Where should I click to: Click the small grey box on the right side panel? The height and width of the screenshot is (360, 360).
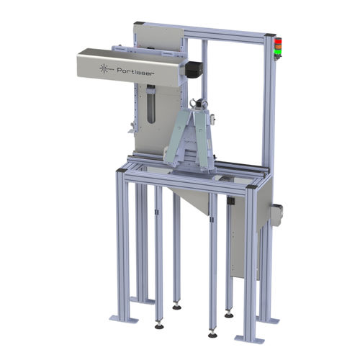pyautogui.click(x=277, y=212)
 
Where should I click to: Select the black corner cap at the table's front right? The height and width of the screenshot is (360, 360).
pyautogui.click(x=252, y=189)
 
